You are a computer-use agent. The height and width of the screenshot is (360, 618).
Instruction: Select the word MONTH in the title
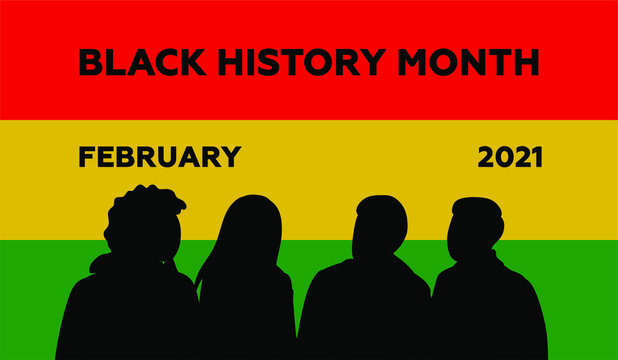(x=468, y=62)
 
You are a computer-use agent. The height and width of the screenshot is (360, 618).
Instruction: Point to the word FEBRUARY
(x=159, y=157)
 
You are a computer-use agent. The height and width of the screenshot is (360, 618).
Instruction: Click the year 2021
(x=509, y=157)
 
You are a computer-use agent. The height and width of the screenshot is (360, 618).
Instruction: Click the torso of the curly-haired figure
(x=125, y=315)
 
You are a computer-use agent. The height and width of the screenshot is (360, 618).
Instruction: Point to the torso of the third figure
(x=364, y=315)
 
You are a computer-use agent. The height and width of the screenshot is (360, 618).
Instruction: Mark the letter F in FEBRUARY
(x=85, y=157)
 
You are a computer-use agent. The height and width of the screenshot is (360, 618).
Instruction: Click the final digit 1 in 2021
(x=537, y=157)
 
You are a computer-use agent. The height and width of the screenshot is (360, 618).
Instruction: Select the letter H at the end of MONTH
(x=526, y=62)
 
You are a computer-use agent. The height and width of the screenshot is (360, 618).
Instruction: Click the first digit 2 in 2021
(x=486, y=157)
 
